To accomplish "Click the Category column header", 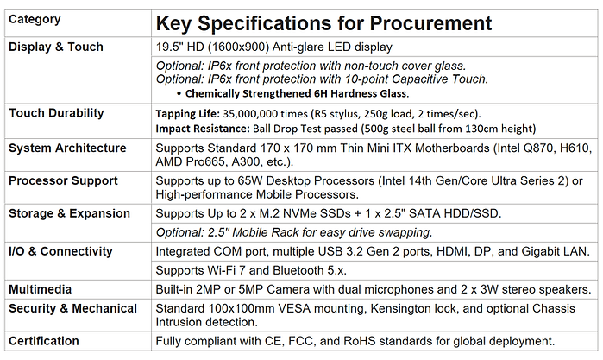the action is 35,19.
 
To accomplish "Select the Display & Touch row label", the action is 56,47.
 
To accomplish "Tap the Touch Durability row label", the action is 56,113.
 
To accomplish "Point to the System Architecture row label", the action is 67,148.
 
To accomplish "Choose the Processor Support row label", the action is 63,181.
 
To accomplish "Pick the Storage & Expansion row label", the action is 69,213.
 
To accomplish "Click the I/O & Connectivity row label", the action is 60,251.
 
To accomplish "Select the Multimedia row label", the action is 40,289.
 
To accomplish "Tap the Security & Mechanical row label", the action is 72,308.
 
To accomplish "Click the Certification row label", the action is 43,341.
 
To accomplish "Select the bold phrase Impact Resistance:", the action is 203,129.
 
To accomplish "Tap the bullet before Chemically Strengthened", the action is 179,93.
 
